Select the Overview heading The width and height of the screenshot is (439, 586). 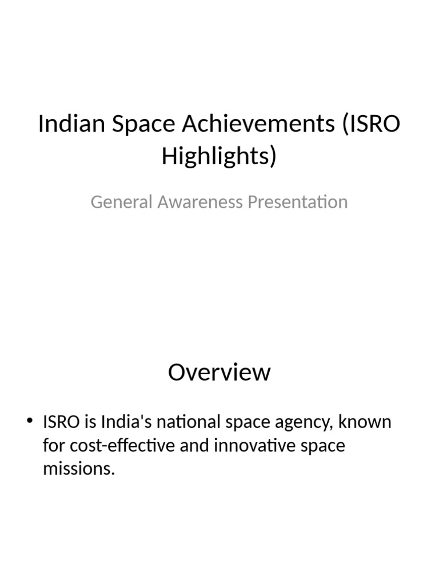click(219, 373)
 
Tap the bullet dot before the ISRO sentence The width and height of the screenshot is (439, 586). click(30, 422)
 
